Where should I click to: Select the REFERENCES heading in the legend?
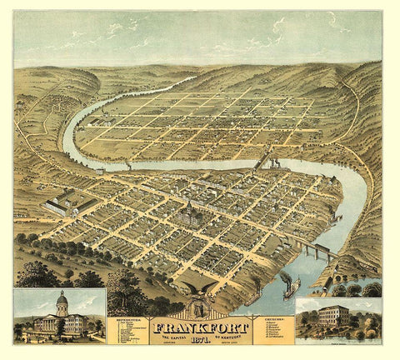127,317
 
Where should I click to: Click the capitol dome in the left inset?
61,299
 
